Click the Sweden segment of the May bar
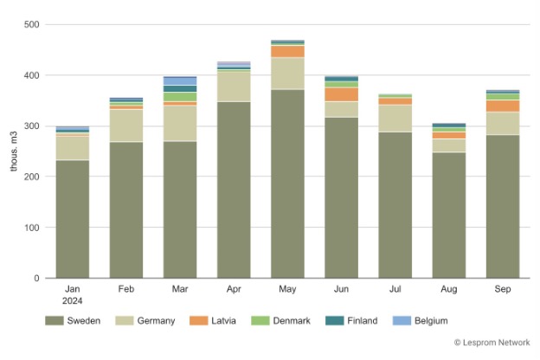point(287,183)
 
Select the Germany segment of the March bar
point(180,123)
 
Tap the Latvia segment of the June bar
point(341,94)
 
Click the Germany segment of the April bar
point(234,87)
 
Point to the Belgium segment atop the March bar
point(180,80)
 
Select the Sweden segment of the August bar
point(448,215)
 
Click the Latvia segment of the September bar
point(502,106)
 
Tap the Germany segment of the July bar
point(395,119)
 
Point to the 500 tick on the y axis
point(31,24)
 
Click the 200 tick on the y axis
point(31,177)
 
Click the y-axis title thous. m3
point(13,151)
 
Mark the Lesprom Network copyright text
point(492,343)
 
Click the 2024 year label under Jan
point(73,302)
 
